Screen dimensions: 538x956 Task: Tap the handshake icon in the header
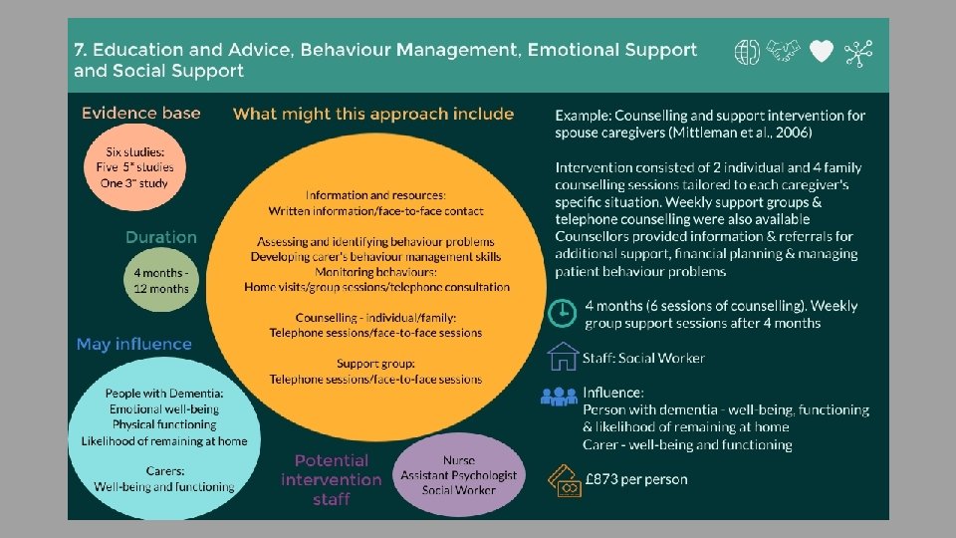(784, 52)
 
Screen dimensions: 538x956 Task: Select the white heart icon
(821, 52)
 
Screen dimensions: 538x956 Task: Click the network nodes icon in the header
(856, 53)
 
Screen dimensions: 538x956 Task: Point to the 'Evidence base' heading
(140, 113)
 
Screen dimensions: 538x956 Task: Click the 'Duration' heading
(160, 237)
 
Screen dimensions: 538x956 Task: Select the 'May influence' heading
(133, 344)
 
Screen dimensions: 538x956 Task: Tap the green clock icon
(562, 313)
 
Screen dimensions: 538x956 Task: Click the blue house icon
(563, 357)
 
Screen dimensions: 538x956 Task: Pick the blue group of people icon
(559, 396)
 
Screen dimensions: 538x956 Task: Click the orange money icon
(564, 480)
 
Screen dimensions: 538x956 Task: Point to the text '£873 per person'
(635, 479)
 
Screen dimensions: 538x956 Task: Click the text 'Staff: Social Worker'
(644, 358)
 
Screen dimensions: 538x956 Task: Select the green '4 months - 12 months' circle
(161, 279)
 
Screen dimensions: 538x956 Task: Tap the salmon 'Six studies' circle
(140, 166)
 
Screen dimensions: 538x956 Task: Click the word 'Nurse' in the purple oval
(459, 461)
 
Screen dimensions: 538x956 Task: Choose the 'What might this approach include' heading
(373, 114)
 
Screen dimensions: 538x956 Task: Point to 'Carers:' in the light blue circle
(164, 471)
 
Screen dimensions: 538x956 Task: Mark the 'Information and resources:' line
(375, 195)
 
